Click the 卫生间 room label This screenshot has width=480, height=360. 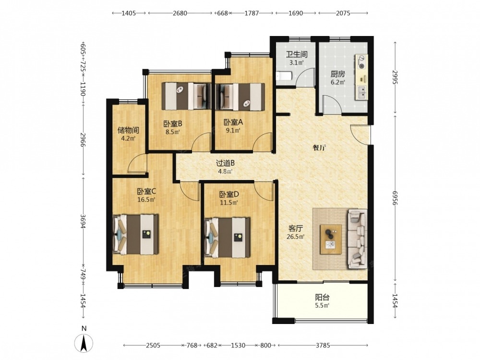click(296, 55)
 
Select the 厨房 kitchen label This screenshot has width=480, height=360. click(337, 74)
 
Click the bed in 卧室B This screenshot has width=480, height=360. click(186, 96)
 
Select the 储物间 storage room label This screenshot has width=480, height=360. click(128, 131)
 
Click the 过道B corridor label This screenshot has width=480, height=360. click(225, 164)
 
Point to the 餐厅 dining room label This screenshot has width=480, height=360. click(319, 148)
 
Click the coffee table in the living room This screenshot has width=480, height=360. click(331, 239)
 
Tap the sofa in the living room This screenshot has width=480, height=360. click(357, 239)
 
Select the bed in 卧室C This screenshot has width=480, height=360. click(135, 235)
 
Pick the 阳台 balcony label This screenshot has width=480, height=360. click(322, 297)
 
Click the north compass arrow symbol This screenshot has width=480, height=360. click(84, 343)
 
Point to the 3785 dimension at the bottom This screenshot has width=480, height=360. click(323, 345)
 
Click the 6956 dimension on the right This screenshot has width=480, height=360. click(395, 198)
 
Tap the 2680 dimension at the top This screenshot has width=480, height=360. click(180, 13)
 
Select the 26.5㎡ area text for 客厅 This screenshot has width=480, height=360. click(295, 237)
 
